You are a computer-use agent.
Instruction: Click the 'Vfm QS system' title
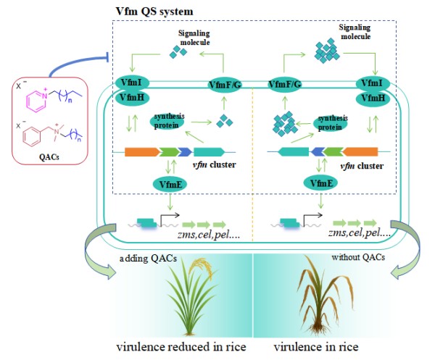point(154,11)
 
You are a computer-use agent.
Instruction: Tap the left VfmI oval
point(132,83)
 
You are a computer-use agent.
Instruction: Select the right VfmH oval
point(373,98)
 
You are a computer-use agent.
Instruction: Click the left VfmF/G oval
point(225,85)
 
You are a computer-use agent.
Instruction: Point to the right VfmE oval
point(320,183)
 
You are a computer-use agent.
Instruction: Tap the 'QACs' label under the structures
point(49,157)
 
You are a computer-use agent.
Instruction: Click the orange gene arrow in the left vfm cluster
point(142,152)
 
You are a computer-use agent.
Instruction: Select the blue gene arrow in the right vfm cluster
point(318,152)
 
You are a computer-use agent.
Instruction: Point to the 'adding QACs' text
point(148,259)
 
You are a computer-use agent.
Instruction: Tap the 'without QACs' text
point(358,257)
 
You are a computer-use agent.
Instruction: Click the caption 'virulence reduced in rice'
point(181,347)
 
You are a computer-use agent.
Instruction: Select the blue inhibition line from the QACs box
point(75,62)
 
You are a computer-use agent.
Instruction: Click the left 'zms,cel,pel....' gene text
point(208,235)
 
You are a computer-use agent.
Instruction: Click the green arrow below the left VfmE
point(170,202)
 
